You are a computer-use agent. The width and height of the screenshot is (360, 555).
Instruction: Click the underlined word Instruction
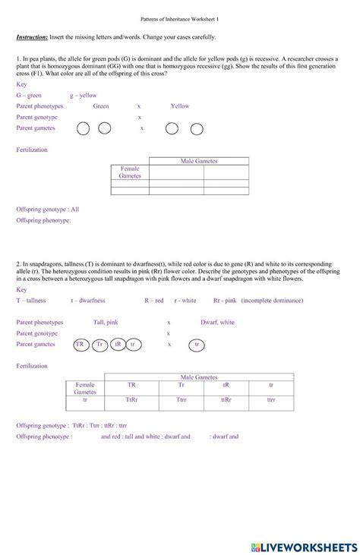pos(32,37)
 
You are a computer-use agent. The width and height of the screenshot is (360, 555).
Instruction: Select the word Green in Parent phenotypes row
pos(101,106)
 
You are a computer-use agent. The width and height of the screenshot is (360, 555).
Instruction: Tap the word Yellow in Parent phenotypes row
pos(180,106)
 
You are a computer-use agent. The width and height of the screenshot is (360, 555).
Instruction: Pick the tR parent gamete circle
pos(117,344)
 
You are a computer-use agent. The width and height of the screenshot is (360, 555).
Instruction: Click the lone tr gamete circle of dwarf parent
pos(197,344)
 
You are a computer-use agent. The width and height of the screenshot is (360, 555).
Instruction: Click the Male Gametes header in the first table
pos(199,162)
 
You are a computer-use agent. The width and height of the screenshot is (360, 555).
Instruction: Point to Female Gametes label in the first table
pos(130,172)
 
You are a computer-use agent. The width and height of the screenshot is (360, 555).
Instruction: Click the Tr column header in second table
pos(182,385)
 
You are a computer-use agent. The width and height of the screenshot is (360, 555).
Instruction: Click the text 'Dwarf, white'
pos(217,322)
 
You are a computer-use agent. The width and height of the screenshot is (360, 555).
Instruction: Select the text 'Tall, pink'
pos(106,322)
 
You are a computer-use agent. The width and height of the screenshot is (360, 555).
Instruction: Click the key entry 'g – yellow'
pos(84,96)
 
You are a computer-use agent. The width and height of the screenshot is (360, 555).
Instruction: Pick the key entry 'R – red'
pos(154,300)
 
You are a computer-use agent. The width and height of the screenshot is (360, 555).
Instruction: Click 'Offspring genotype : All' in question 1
pos(47,209)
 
